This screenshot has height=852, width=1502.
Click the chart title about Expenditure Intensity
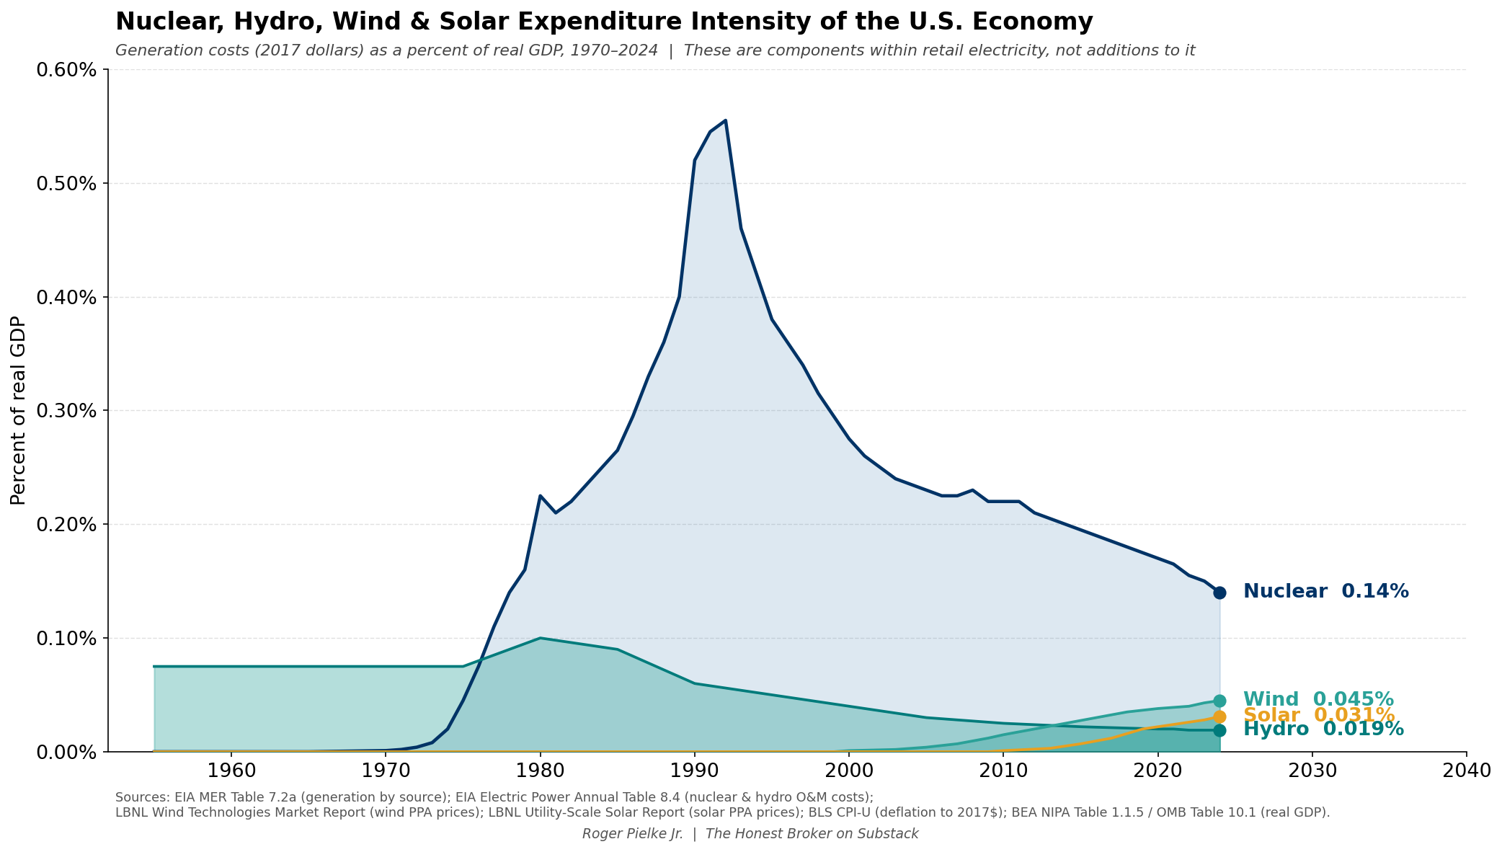tap(603, 22)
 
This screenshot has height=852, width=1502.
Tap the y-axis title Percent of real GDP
tap(18, 410)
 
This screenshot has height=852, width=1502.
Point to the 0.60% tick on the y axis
tap(66, 70)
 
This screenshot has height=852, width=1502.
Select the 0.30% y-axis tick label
tap(66, 411)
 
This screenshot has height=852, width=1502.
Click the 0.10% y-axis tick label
tap(66, 639)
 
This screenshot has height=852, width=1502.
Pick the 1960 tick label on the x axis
tap(231, 771)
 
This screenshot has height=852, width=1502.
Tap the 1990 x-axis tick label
tap(694, 771)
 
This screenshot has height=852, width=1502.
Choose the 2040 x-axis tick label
tap(1466, 771)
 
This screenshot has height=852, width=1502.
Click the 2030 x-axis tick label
tap(1312, 771)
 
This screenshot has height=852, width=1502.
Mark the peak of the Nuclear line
tap(725, 120)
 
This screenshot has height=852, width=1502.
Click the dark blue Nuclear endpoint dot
tap(1219, 593)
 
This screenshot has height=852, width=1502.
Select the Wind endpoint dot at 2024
tap(1219, 701)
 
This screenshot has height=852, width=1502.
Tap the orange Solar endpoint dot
tap(1219, 716)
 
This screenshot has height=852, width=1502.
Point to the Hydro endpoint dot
tap(1219, 730)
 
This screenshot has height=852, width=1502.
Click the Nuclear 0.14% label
tap(1325, 592)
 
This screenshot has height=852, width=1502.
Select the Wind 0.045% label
tap(1318, 699)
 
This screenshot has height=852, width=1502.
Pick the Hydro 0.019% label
tap(1323, 729)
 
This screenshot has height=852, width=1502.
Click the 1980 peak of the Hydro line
tap(540, 638)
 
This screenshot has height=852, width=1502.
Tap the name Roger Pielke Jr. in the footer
tap(632, 834)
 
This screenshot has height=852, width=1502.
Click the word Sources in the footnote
tap(138, 797)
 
